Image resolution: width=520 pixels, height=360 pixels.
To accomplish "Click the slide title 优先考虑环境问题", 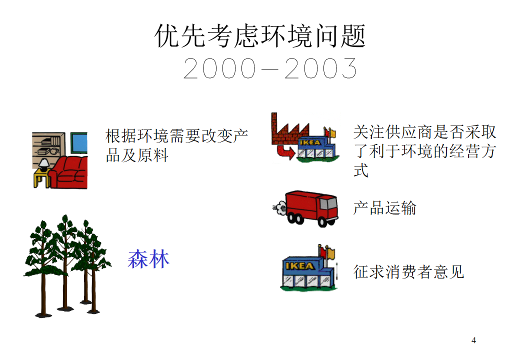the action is pyautogui.click(x=260, y=36).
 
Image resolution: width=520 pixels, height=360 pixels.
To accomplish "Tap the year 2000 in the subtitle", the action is pyautogui.click(x=219, y=68).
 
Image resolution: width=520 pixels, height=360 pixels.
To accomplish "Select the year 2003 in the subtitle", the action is pyautogui.click(x=320, y=68).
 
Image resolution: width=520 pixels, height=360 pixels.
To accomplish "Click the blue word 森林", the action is pyautogui.click(x=148, y=259).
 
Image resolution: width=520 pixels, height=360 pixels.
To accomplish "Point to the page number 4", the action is pyautogui.click(x=473, y=340).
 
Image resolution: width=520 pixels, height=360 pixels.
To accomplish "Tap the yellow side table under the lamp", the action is pyautogui.click(x=41, y=179).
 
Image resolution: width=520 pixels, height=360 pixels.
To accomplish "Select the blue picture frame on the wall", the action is pyautogui.click(x=79, y=143).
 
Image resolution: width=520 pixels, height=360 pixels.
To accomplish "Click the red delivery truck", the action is pyautogui.click(x=311, y=208).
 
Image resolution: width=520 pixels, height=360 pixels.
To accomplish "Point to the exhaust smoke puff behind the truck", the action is pyautogui.click(x=279, y=207).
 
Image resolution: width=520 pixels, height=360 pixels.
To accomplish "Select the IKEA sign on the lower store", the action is pyautogui.click(x=299, y=266).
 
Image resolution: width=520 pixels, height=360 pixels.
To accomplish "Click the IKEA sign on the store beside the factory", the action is pyautogui.click(x=309, y=142).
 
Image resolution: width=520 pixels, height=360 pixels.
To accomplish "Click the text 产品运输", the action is pyautogui.click(x=384, y=208).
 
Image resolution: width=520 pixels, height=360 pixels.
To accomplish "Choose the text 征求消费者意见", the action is pyautogui.click(x=408, y=272).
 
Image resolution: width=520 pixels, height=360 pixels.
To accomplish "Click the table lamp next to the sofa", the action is pyautogui.click(x=44, y=164).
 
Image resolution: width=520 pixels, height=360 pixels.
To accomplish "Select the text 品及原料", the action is pyautogui.click(x=137, y=155).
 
